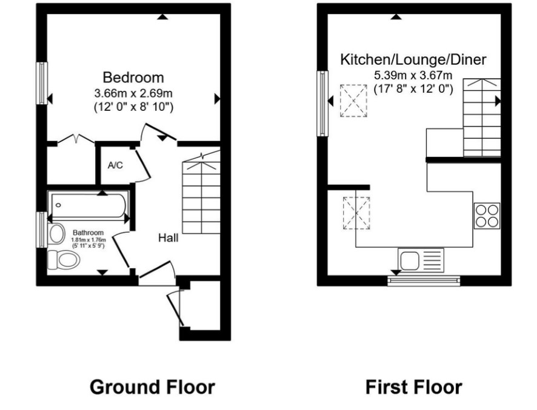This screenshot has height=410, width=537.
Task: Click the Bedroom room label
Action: (133, 78)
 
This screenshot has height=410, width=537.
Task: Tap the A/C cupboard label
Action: (115, 166)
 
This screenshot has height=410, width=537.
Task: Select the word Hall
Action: (168, 238)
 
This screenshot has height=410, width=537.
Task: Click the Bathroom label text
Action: (88, 233)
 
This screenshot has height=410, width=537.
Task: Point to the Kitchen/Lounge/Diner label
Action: (413, 59)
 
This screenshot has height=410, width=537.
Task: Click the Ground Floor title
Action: (152, 387)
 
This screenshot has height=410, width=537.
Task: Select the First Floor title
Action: (414, 387)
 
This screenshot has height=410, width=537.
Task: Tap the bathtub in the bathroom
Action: (88, 205)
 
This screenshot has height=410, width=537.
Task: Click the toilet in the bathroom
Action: (64, 259)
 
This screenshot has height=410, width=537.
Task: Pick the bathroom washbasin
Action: (56, 234)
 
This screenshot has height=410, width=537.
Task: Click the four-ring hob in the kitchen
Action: (487, 216)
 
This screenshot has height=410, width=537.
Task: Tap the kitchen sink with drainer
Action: (421, 260)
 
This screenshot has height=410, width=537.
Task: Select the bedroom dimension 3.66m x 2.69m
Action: (133, 93)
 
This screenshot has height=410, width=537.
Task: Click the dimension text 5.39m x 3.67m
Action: (413, 75)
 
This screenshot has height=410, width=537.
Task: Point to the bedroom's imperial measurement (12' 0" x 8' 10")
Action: (133, 107)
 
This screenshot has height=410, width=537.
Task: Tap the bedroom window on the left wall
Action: (42, 83)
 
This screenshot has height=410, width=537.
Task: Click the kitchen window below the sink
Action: (424, 280)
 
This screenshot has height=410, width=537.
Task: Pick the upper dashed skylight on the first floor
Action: (353, 101)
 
